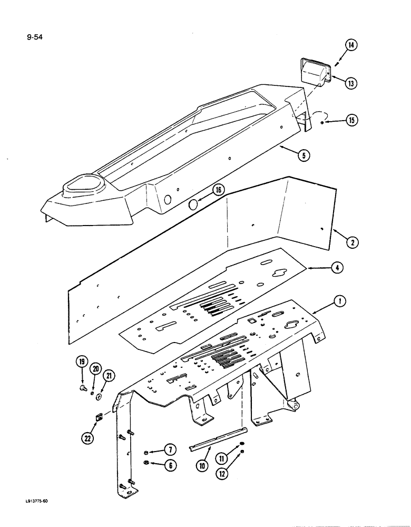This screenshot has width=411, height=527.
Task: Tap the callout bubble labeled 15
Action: click(x=350, y=121)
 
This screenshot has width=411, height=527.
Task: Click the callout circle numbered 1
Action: click(x=340, y=302)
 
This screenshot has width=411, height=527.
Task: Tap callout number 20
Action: click(x=95, y=368)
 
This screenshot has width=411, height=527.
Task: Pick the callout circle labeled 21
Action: click(x=110, y=375)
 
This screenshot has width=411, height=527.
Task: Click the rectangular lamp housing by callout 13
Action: click(x=315, y=71)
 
